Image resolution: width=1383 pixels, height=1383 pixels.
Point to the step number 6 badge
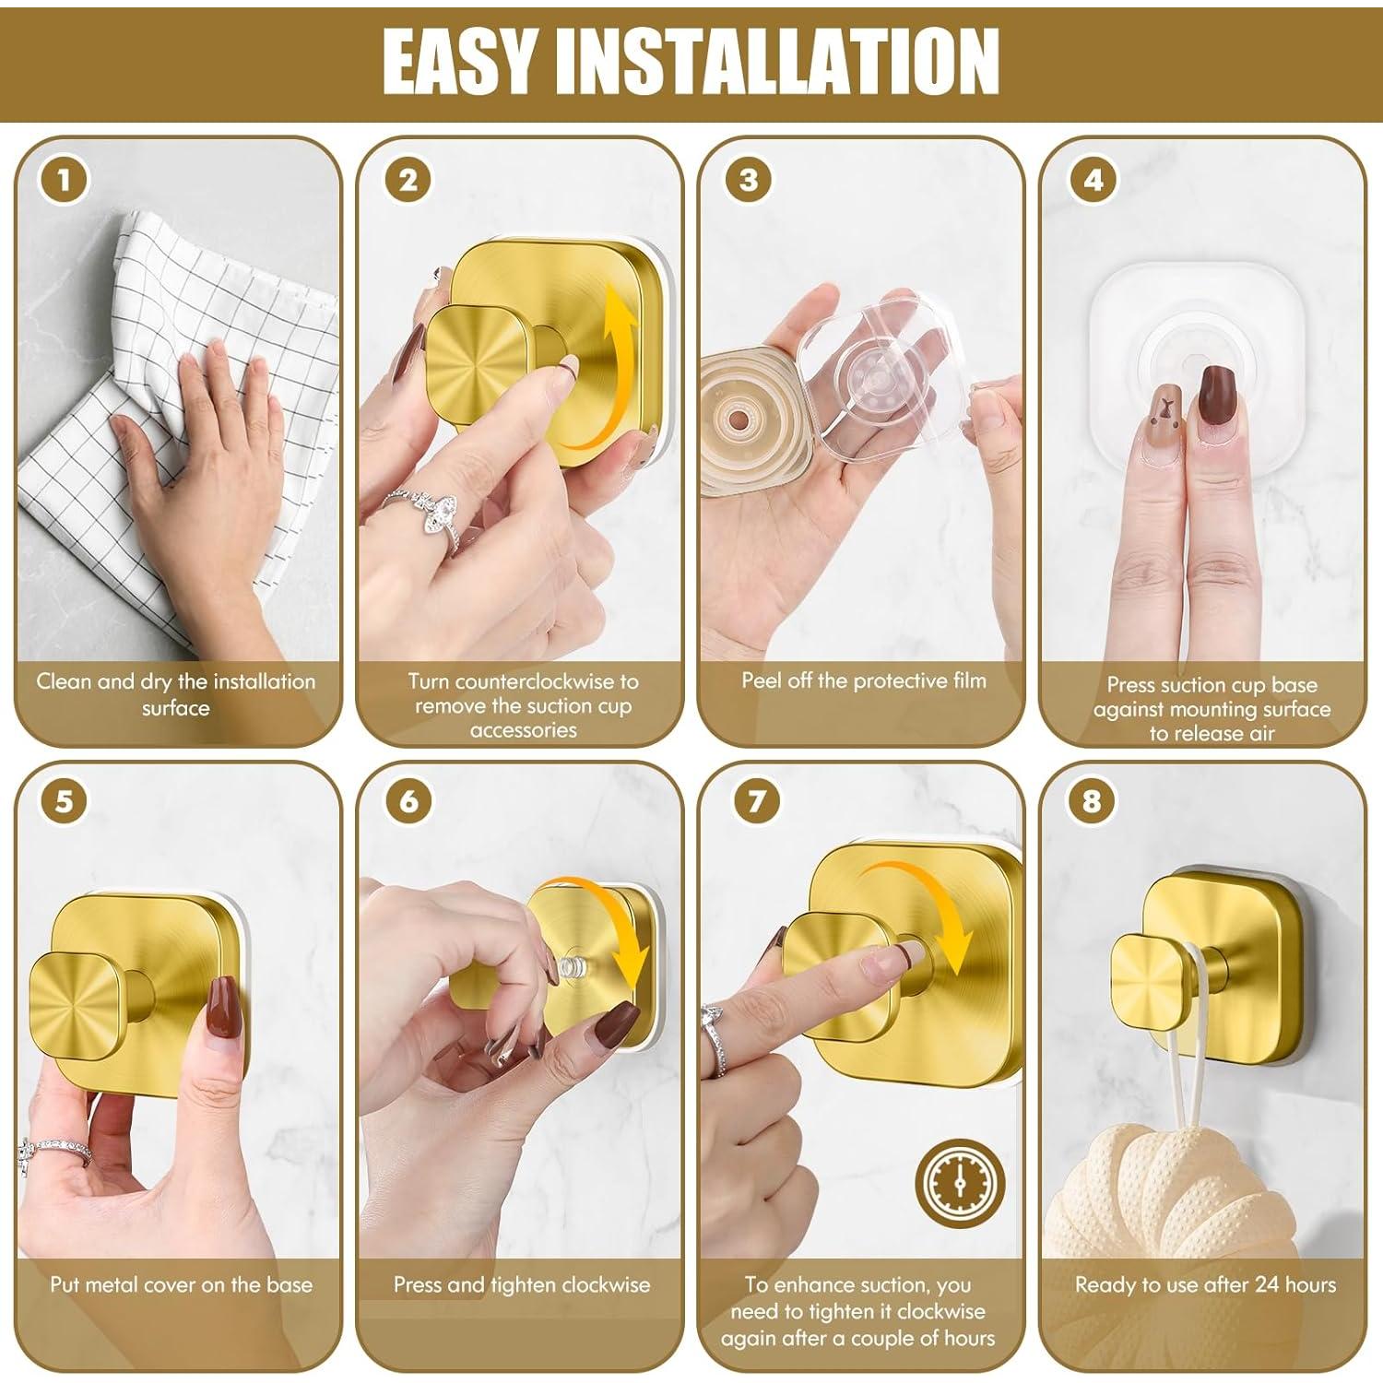(408, 800)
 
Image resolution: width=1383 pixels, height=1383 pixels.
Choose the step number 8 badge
(1093, 800)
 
